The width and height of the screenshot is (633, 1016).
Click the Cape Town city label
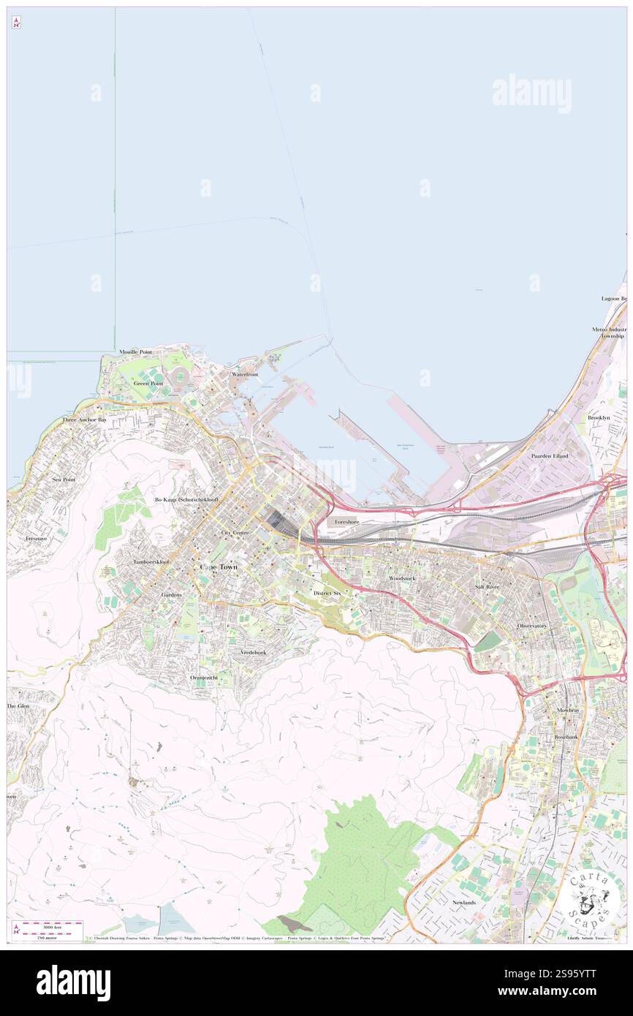(219, 566)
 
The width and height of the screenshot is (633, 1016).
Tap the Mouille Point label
(136, 352)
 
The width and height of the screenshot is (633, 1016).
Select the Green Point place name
(148, 383)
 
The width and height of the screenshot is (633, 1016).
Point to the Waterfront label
(245, 374)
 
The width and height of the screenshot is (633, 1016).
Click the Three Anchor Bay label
(84, 420)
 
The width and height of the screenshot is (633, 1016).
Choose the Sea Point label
(64, 479)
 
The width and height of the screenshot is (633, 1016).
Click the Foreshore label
(347, 522)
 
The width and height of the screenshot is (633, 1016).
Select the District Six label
(327, 593)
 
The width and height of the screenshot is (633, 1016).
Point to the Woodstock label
(402, 578)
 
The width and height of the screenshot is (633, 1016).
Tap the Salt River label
(487, 587)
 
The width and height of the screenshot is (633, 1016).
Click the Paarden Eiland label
(550, 455)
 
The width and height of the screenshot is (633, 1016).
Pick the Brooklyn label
(599, 417)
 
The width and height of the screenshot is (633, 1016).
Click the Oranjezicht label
(205, 678)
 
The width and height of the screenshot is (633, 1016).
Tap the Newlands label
(463, 903)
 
